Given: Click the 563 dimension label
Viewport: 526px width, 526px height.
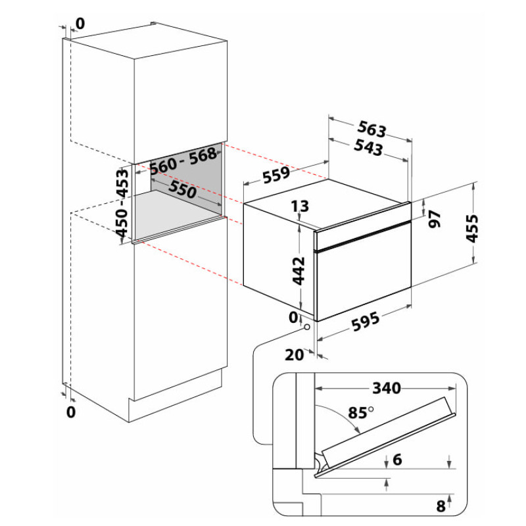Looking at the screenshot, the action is pos(371,129).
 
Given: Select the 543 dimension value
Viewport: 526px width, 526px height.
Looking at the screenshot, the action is pos(368,147).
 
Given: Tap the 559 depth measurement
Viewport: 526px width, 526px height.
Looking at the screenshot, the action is pos(276,174).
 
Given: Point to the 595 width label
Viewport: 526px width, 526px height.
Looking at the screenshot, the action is pos(366,322).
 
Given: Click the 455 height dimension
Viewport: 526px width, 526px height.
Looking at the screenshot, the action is pos(472,228).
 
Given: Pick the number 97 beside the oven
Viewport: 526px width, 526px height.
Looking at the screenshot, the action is pos(435,219).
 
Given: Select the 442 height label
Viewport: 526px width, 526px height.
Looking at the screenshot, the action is pos(299,271).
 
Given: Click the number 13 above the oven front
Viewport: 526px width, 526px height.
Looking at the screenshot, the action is pos(300,206).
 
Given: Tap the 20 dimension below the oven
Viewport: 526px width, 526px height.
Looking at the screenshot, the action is pos(294,354).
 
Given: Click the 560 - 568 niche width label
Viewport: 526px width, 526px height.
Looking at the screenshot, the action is pos(183,160).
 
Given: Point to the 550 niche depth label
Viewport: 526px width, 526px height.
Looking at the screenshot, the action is pos(183,189).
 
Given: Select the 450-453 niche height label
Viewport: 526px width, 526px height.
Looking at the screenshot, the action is pos(122,203).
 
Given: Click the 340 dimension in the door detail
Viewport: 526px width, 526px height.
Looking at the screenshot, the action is pos(387,388).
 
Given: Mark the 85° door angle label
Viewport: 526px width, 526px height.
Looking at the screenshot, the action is pos(360,413).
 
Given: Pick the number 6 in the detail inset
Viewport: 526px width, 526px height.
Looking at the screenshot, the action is pos(397,460).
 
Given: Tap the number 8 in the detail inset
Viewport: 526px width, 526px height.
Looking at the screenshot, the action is pos(441,506).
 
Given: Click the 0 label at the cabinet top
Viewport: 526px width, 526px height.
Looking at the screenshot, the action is pos(80,24).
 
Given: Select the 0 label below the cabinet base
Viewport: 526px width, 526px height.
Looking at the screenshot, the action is pos(71,412).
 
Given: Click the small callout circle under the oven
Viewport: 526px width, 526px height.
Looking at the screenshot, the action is pos(306,327).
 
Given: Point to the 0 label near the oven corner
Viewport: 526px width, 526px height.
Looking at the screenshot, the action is pos(293,317).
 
